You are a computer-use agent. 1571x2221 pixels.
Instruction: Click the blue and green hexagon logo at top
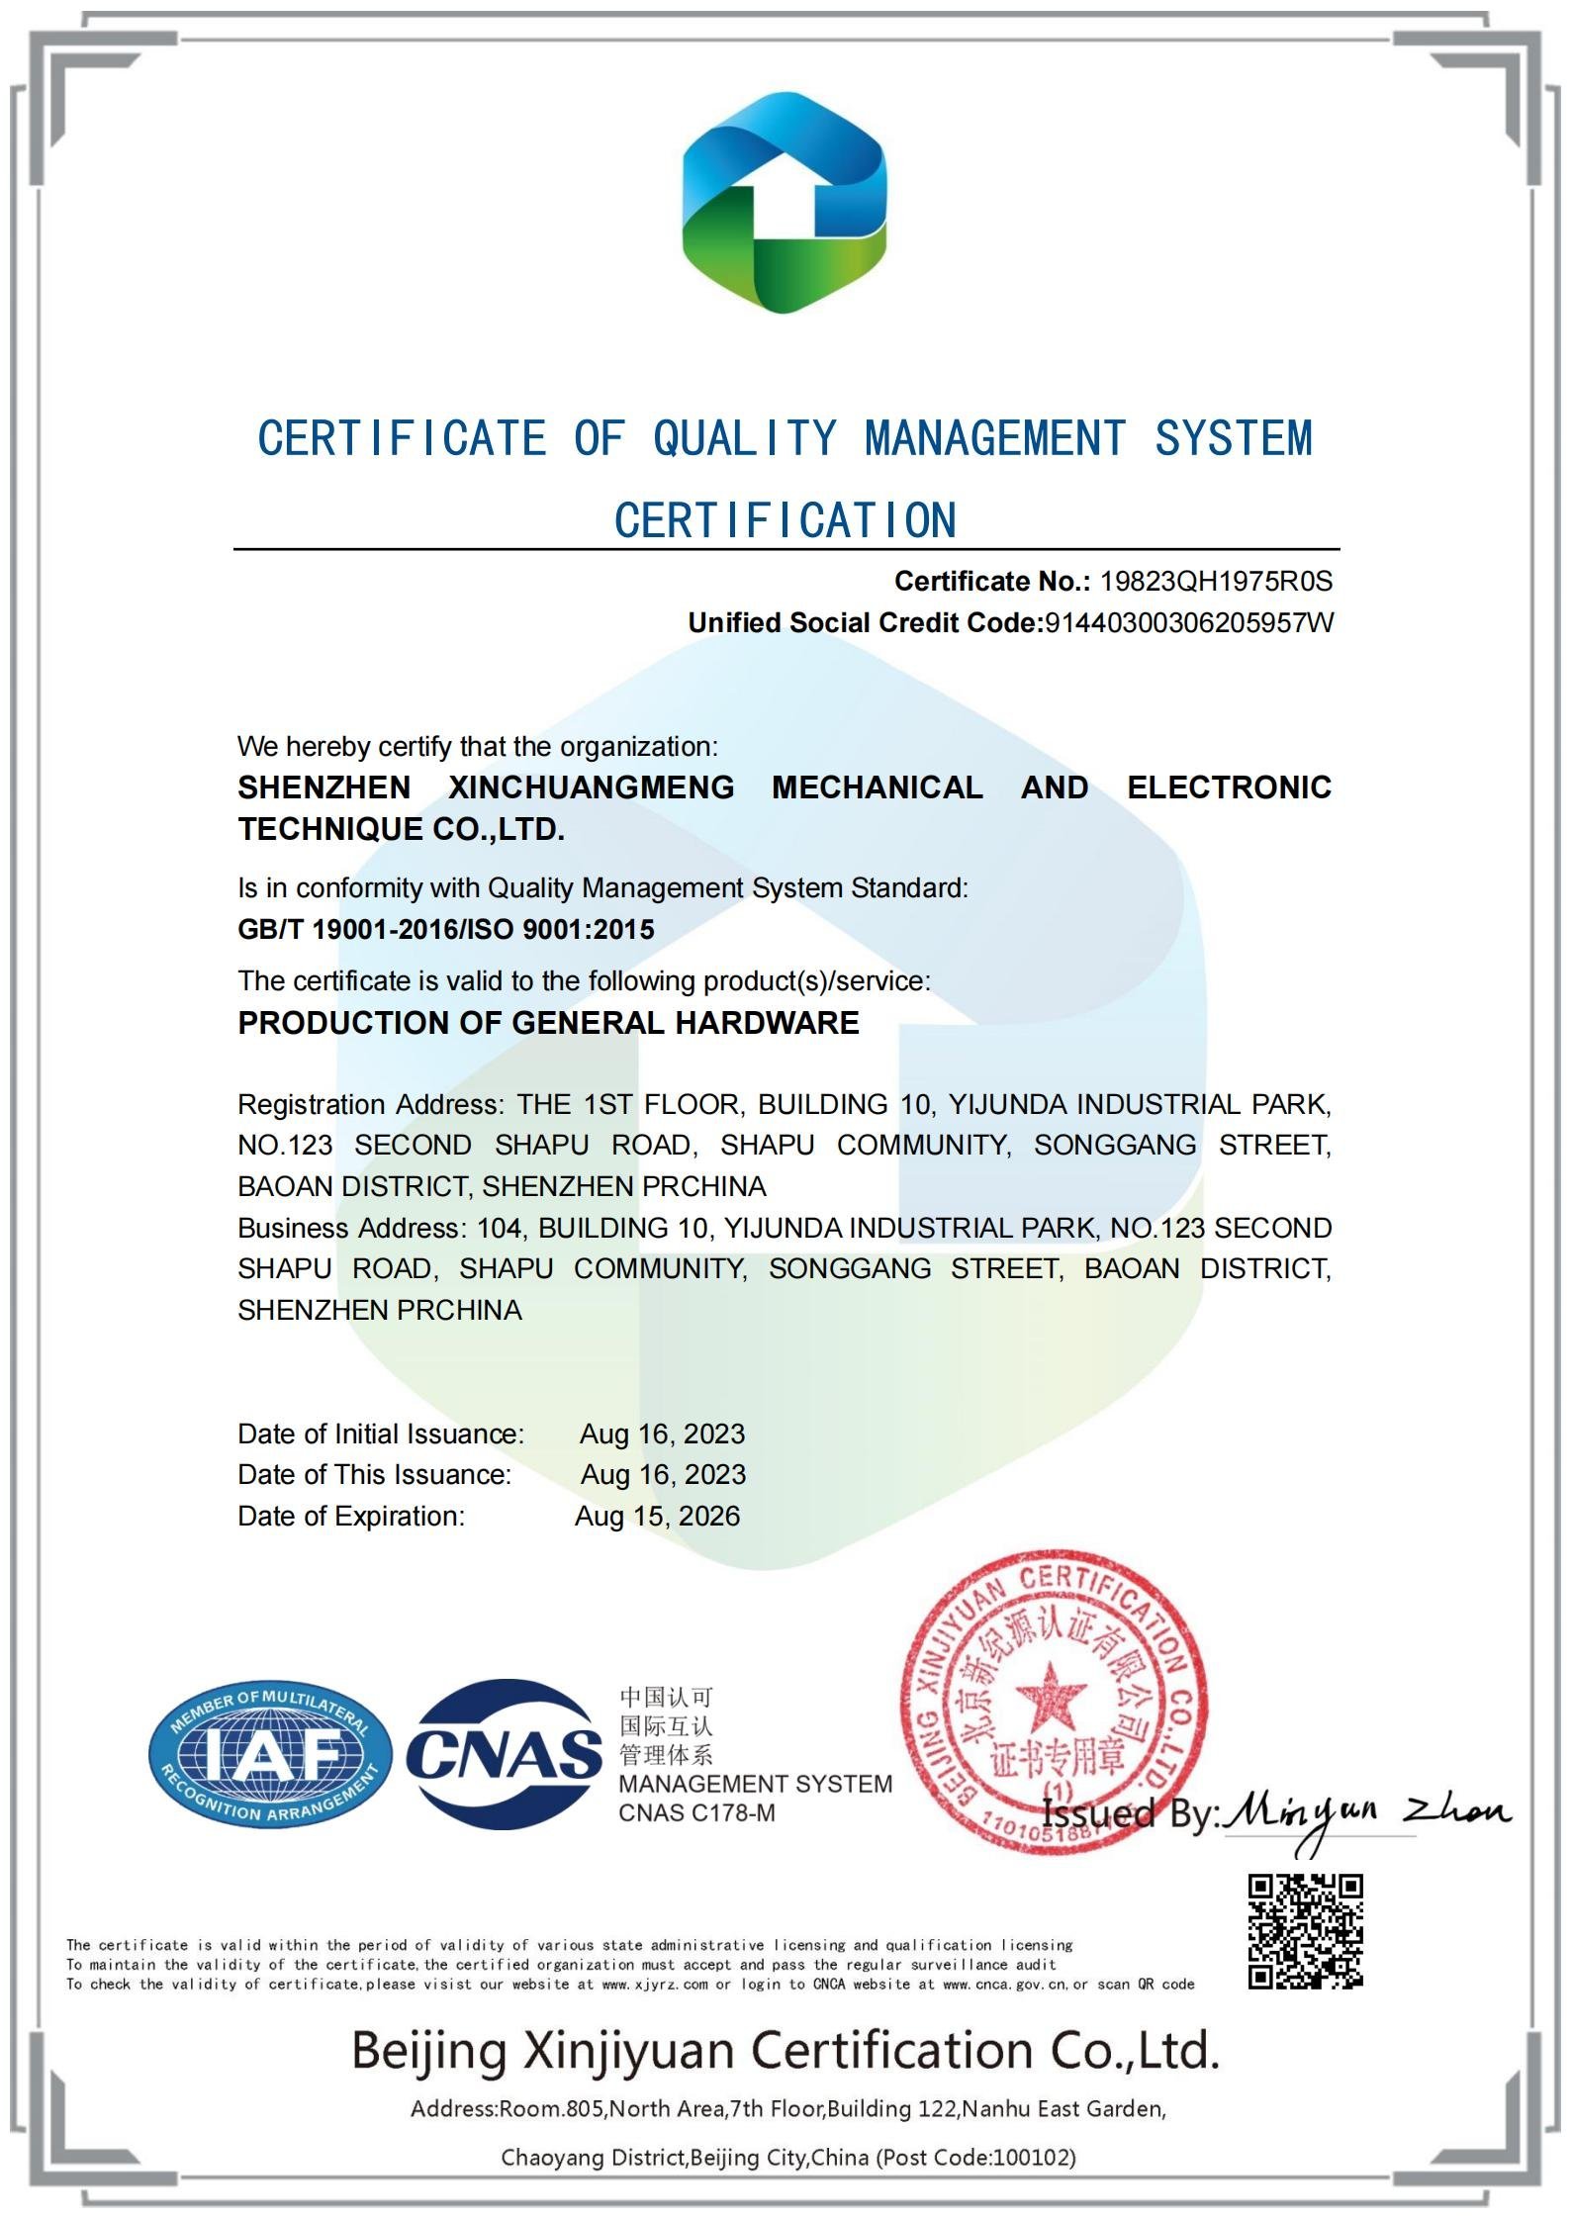click(x=785, y=203)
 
